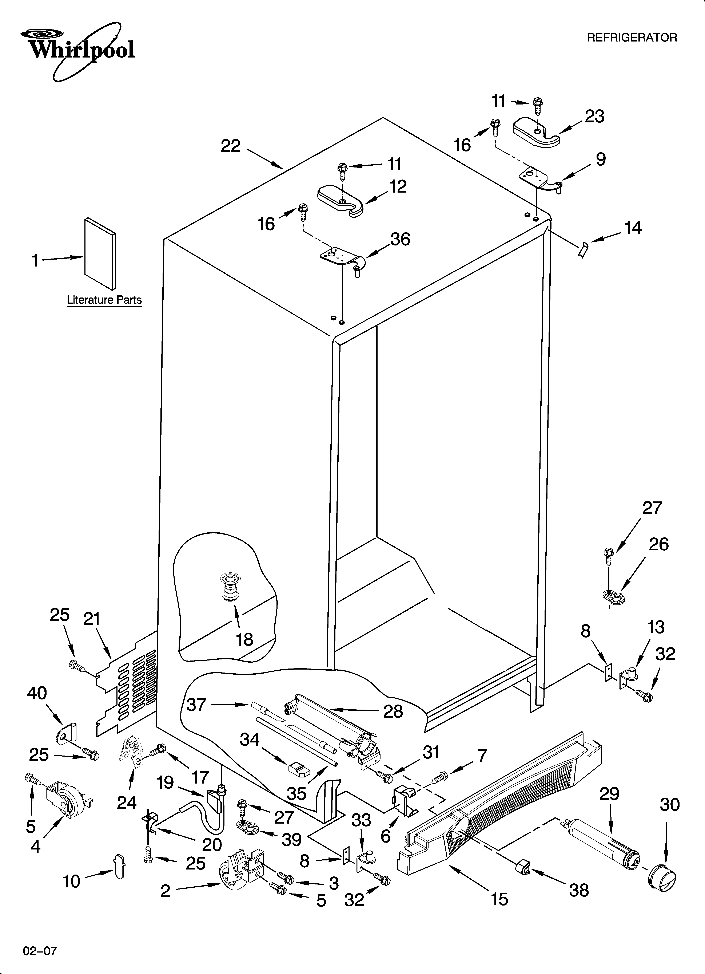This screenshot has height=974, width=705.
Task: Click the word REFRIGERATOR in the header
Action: point(632,38)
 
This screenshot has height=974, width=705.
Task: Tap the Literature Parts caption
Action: point(104,300)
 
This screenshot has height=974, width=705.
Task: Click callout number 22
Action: point(231,146)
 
